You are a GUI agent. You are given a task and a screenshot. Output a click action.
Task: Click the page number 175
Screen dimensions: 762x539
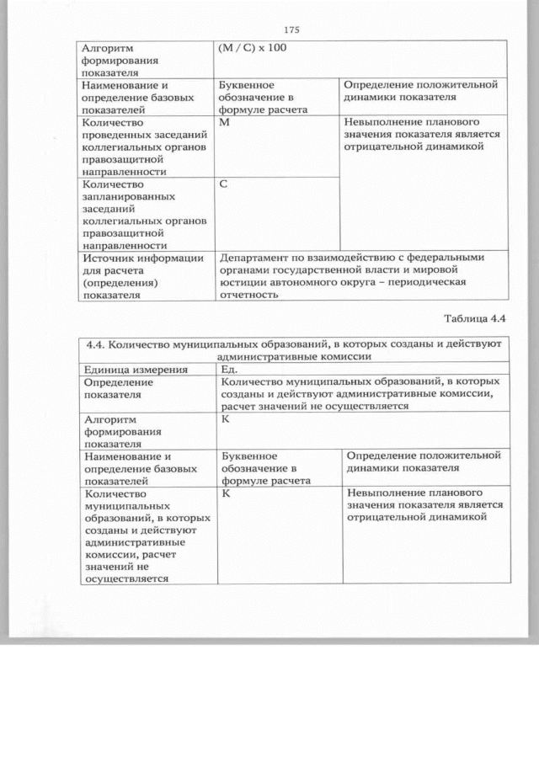tap(291, 30)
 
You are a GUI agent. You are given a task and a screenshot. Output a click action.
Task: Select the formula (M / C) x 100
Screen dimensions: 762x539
tap(252, 47)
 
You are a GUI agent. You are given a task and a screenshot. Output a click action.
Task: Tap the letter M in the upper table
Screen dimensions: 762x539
tap(223, 123)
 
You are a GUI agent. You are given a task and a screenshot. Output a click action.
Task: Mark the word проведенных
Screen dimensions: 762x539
tap(115, 135)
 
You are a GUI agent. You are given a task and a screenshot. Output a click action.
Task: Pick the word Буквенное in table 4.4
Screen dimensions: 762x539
tap(248, 456)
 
